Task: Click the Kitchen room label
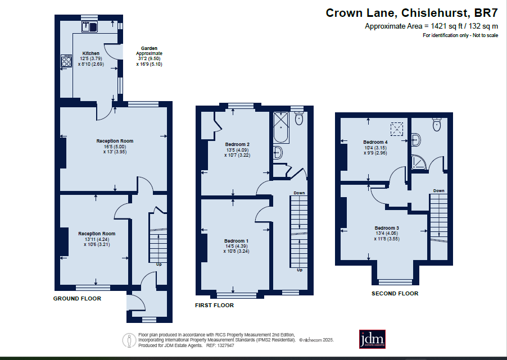coord(91,53)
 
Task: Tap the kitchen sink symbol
coord(89,26)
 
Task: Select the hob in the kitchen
coord(66,61)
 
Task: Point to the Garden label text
coord(149,48)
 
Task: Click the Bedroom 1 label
coord(237,241)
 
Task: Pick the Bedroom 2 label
coord(237,144)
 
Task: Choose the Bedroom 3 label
coord(387,228)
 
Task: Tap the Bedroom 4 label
coord(375,142)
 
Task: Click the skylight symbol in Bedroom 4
coord(397,129)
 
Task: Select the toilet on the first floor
coord(299,119)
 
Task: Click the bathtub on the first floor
coord(281,127)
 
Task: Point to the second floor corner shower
coord(419,162)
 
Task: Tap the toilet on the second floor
coord(437,125)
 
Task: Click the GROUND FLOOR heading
coord(77,299)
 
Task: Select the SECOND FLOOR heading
coord(395,293)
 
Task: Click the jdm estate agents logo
coord(372,339)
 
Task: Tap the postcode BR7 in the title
coord(486,13)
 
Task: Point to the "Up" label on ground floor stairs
coord(159,265)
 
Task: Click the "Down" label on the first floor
coord(299,193)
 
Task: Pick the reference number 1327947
coord(226,345)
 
